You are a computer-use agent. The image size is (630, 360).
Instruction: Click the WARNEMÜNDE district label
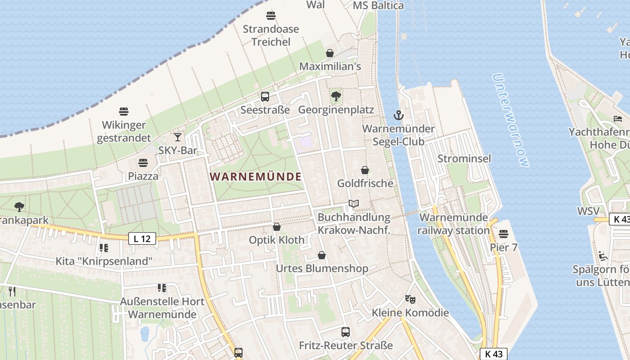(256, 176)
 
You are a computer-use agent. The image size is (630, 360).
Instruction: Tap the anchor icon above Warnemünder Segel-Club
(398, 115)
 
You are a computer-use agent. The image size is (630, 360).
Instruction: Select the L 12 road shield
(142, 238)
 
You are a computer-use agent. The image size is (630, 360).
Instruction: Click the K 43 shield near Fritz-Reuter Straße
(494, 354)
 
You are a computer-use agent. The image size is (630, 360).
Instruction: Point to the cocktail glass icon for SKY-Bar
(178, 137)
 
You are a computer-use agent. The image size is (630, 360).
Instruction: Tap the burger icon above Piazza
(143, 162)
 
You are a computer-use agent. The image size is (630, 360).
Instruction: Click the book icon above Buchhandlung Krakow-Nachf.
(354, 204)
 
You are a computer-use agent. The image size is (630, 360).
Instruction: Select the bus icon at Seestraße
(265, 96)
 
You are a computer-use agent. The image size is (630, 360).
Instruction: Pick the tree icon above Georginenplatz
(336, 96)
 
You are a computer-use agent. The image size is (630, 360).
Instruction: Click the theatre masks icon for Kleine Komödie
(410, 298)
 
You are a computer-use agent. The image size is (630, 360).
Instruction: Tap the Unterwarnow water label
(511, 120)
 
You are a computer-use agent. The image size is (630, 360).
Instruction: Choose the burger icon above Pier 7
(503, 234)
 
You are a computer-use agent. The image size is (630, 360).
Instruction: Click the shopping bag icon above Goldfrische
(365, 170)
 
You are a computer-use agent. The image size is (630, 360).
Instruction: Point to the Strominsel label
(464, 158)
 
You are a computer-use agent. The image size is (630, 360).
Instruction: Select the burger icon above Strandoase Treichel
(271, 16)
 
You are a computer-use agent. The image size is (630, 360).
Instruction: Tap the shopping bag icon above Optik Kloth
(277, 227)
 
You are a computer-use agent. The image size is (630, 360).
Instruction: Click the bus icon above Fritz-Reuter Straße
(346, 332)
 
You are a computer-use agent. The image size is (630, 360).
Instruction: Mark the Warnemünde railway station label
(453, 224)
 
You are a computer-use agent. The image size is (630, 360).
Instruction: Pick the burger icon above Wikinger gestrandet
(124, 111)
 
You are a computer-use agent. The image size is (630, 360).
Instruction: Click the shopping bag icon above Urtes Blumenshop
(322, 256)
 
